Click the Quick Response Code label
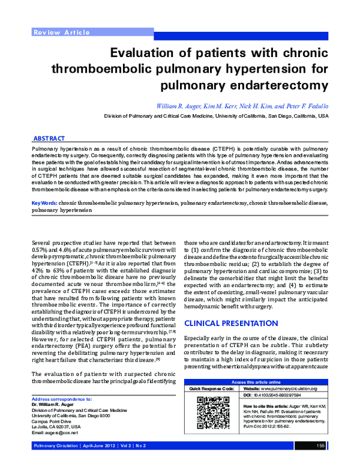click(214, 389)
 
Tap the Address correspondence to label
click(61, 399)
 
